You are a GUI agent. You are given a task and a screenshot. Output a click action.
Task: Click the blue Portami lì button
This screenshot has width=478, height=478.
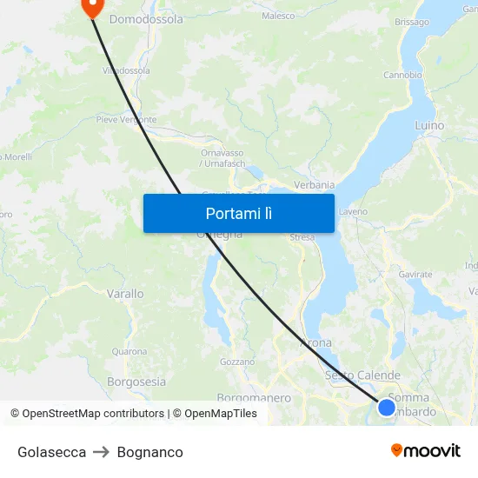[x=238, y=213]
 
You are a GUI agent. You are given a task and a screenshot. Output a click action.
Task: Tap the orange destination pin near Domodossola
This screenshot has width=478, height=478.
[x=91, y=6]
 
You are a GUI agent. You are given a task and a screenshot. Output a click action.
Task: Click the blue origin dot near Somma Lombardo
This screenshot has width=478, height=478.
[x=387, y=407]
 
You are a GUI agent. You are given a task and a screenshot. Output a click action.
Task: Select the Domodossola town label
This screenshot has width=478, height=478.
[x=146, y=18]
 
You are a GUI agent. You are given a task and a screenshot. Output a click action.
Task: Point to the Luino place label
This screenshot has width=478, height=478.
[x=429, y=126]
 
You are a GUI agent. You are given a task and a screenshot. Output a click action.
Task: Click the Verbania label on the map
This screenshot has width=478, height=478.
[x=315, y=185]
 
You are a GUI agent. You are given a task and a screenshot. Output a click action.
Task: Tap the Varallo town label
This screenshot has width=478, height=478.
[x=125, y=295]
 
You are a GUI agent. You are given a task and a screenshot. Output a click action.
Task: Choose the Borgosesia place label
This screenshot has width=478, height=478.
[x=136, y=382]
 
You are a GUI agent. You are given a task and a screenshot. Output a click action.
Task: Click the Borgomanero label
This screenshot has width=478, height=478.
[x=254, y=398]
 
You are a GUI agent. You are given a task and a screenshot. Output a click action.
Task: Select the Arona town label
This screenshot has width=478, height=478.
[x=315, y=343]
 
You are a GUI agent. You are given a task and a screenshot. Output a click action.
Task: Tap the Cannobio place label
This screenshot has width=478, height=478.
[x=402, y=75]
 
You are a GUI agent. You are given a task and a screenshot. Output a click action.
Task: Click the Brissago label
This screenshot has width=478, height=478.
[x=411, y=22]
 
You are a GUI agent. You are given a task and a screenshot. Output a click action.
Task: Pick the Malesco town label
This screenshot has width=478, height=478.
[x=278, y=16]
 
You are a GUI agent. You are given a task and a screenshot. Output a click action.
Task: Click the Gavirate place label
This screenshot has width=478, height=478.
[x=415, y=275]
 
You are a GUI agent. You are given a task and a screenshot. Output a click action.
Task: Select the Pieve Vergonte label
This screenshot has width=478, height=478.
[x=126, y=120]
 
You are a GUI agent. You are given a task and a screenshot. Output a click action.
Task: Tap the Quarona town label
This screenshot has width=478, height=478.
[x=129, y=352]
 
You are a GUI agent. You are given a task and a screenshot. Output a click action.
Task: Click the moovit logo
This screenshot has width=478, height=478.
[x=426, y=450]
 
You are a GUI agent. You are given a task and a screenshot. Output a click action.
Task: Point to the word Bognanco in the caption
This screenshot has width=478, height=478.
[x=149, y=452]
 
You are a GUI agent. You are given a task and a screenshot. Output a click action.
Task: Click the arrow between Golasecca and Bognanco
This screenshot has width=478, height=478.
[x=102, y=452]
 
